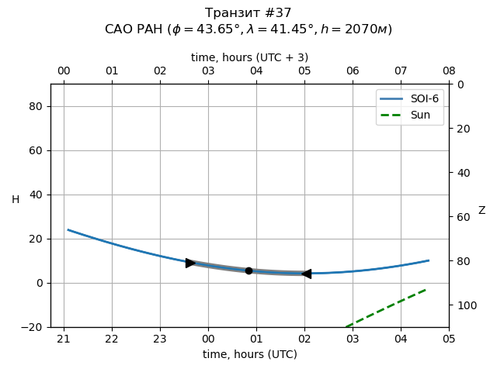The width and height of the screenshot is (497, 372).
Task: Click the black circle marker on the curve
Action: pyautogui.click(x=248, y=270)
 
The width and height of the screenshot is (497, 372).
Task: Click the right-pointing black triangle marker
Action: pyautogui.click(x=190, y=263)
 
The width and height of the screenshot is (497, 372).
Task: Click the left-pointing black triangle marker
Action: pyautogui.click(x=306, y=274)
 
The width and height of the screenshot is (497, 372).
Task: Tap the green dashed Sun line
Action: pyautogui.click(x=388, y=307)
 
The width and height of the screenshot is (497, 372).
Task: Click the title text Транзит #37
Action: pyautogui.click(x=248, y=13)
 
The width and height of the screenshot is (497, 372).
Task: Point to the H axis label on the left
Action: pyautogui.click(x=16, y=200)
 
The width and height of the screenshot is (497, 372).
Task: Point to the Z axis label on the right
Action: pyautogui.click(x=481, y=211)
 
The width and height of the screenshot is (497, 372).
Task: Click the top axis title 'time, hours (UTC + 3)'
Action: pyautogui.click(x=250, y=57)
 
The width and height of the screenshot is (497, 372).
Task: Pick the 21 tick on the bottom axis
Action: pyautogui.click(x=64, y=339)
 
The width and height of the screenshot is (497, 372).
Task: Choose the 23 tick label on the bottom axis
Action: pyautogui.click(x=160, y=339)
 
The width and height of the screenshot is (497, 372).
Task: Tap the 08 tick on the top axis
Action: pyautogui.click(x=449, y=71)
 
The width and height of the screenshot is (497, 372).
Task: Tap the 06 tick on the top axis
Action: pyautogui.click(x=353, y=71)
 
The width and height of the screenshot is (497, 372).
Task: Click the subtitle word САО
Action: pyautogui.click(x=120, y=29)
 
